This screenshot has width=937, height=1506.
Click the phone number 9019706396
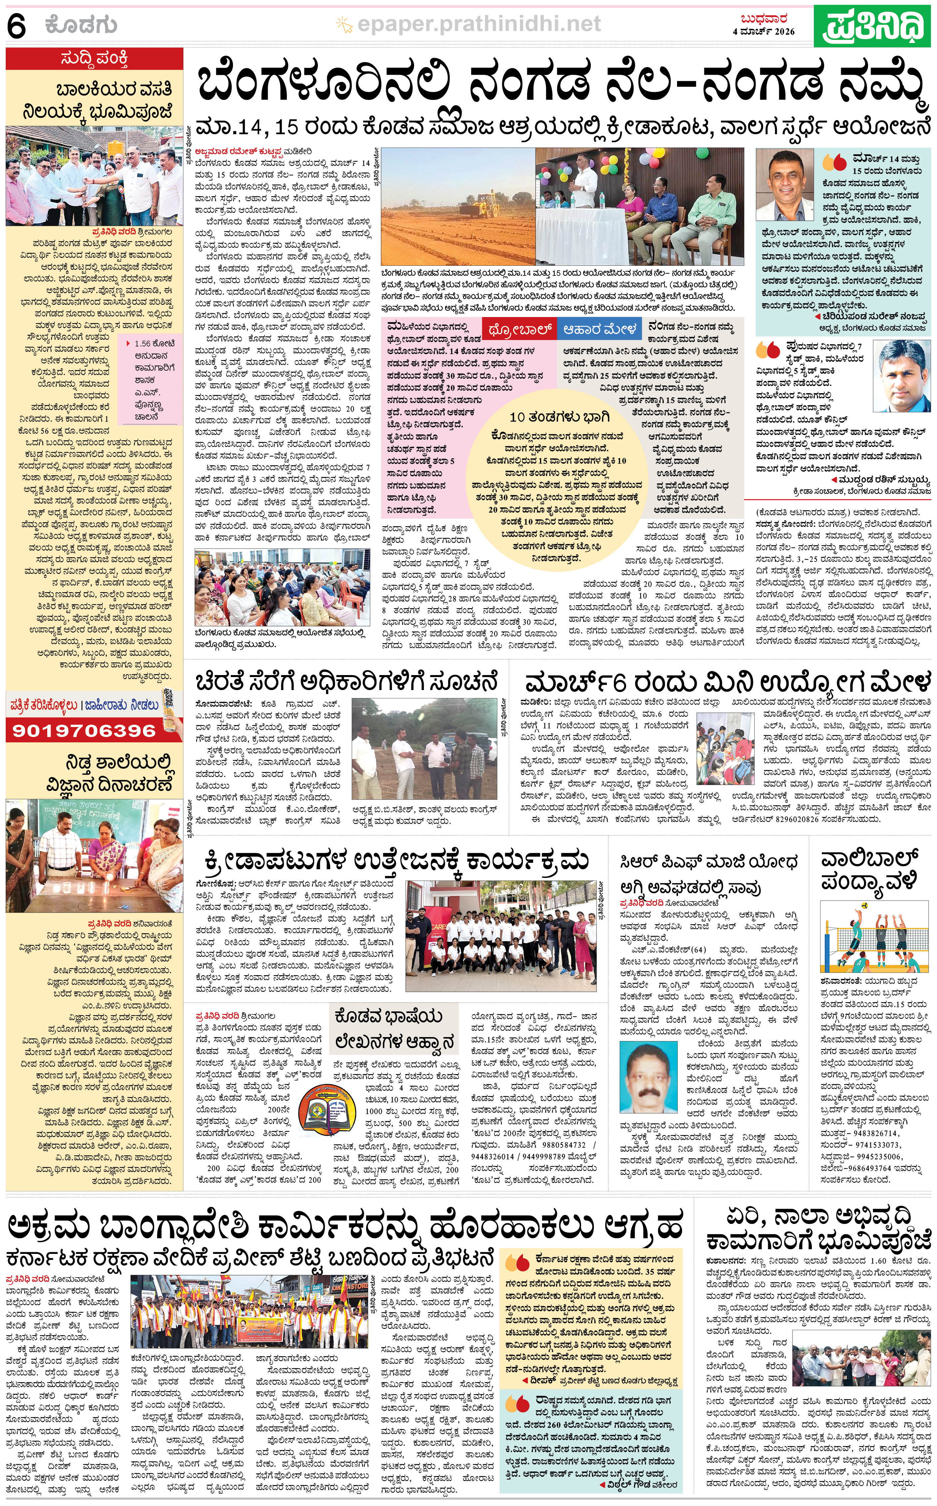(84, 730)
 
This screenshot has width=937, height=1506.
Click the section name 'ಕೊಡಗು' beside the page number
(81, 26)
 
